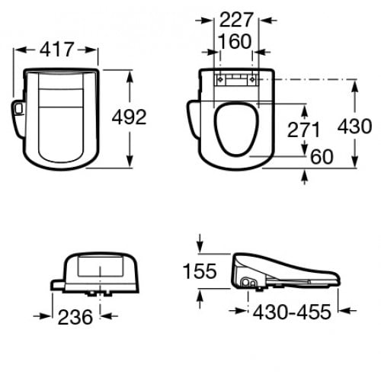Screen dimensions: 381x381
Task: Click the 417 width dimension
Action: coord(57,50)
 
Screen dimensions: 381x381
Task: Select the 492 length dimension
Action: coord(129,117)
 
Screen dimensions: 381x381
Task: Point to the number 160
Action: coord(234,42)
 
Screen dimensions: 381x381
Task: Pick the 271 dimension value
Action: coord(304,130)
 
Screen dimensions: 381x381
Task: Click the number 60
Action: coord(322,156)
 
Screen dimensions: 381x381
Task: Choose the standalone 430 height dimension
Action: coord(355,126)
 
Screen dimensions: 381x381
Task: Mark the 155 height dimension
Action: coord(200,271)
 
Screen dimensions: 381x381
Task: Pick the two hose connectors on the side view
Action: coord(249,282)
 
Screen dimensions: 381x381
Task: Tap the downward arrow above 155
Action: coord(200,246)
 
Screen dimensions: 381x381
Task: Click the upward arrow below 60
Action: coord(306,176)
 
